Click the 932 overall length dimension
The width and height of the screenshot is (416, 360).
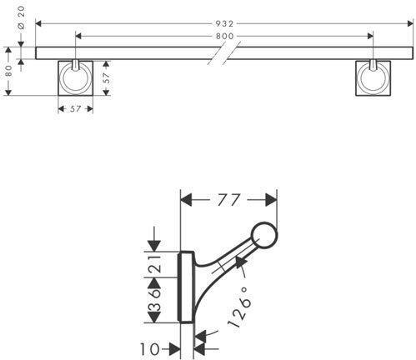point(224,24)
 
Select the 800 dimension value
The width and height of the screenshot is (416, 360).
point(224,36)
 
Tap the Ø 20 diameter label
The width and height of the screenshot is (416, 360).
point(21,17)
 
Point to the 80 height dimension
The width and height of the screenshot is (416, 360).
point(8,71)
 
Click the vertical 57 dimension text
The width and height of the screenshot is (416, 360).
point(107,78)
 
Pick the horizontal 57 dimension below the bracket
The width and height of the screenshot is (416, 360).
point(75,108)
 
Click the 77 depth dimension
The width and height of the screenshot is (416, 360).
point(228,200)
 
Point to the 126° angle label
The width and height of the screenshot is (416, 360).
point(238,307)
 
